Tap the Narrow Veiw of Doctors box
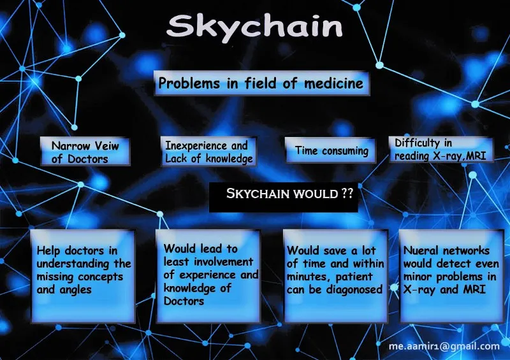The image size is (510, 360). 85,152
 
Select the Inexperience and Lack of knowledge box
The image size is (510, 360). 208,152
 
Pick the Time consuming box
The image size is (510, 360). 330,150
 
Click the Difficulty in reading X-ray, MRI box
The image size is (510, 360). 441,149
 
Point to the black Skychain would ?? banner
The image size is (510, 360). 283,197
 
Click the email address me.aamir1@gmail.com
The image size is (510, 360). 444,347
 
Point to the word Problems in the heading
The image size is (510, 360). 189,83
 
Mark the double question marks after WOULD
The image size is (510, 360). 347,194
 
